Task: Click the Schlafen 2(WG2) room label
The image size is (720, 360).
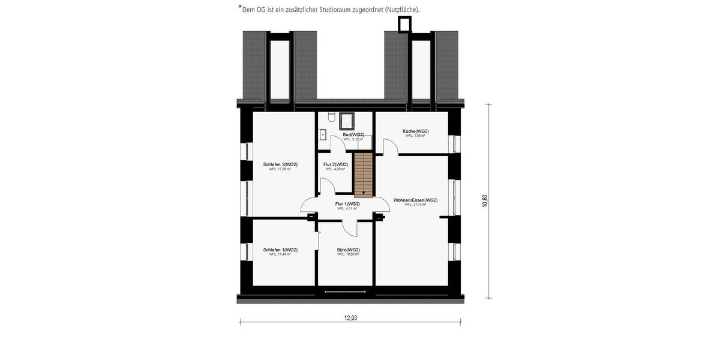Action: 280,164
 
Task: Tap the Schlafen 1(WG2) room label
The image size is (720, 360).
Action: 280,250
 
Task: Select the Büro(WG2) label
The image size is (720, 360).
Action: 348,250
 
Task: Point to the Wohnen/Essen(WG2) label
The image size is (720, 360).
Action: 415,200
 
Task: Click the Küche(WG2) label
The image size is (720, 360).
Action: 415,131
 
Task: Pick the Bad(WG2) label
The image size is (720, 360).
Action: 353,134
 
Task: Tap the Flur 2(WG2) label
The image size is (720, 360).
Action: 335,164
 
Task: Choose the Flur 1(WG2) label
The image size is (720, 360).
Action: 347,204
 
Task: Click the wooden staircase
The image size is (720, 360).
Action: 363,174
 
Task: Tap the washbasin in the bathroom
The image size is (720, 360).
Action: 322,134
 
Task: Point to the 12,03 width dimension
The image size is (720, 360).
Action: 350,318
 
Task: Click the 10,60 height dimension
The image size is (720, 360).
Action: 485,201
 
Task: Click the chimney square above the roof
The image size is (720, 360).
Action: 405,24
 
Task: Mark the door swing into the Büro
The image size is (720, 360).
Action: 349,227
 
